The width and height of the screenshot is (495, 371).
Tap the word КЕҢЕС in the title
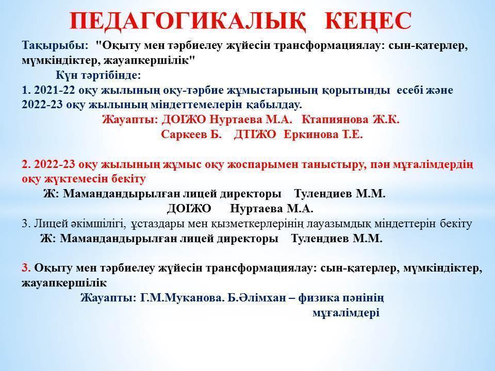[x=369, y=21]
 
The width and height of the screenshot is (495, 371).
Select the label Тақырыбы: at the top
[x=55, y=45]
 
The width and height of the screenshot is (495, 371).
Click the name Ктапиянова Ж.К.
[x=350, y=120]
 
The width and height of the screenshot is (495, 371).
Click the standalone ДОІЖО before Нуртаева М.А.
[x=189, y=209]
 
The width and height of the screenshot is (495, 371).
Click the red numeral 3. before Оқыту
[x=26, y=268]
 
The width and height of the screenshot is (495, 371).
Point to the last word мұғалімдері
[x=346, y=313]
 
